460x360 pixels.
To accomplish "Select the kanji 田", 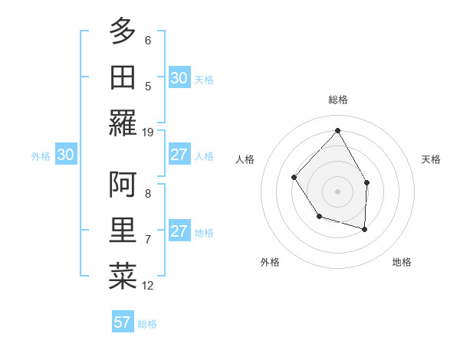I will coord(123,77).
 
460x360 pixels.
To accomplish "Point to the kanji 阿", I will coord(123,184).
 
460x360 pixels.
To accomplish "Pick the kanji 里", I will coord(123,231).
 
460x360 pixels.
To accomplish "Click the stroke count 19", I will coord(148,132).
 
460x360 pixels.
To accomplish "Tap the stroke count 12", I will coord(148,286).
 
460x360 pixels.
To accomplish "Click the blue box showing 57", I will coord(123,322).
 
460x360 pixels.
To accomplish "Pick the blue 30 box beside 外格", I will coord(65,155).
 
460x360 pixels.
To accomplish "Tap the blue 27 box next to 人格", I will coord(179,155).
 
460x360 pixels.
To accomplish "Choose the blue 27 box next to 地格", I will coord(179,232).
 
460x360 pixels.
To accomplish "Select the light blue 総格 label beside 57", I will coord(147,324).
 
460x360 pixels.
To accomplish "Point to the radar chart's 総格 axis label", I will coord(338,100).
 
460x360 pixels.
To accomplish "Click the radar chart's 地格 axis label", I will coord(402,262).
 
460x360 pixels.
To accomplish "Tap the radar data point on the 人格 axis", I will coord(294,177).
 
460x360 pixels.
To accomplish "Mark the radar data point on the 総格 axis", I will coord(337,131).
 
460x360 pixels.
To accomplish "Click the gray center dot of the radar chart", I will coord(337,191).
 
